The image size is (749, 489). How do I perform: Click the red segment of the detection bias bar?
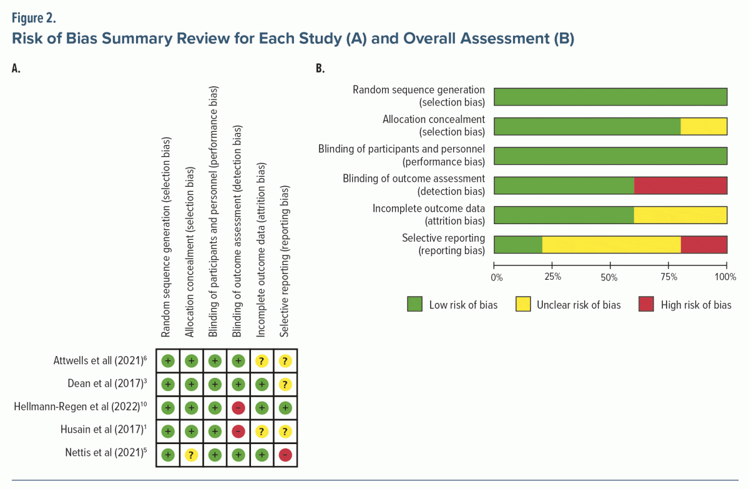tap(680, 186)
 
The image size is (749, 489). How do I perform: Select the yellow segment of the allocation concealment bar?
tap(703, 127)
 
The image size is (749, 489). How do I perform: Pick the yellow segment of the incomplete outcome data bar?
tap(680, 215)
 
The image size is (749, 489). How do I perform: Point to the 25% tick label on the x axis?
tap(552, 276)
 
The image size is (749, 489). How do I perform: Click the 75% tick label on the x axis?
tap(668, 276)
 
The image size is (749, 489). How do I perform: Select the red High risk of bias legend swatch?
tap(646, 305)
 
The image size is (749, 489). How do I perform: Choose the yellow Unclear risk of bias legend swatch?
tap(523, 305)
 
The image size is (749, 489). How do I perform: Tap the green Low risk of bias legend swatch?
tap(414, 305)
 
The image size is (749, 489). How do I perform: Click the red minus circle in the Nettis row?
tap(285, 455)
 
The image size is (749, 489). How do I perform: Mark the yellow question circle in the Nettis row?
tap(191, 455)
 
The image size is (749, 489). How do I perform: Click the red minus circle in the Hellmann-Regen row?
tap(238, 408)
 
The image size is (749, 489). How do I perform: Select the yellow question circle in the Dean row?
tap(285, 384)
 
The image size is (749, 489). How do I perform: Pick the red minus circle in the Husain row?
tap(238, 432)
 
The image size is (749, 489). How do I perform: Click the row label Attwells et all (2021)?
tap(100, 360)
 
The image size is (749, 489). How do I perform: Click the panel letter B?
tap(320, 69)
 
